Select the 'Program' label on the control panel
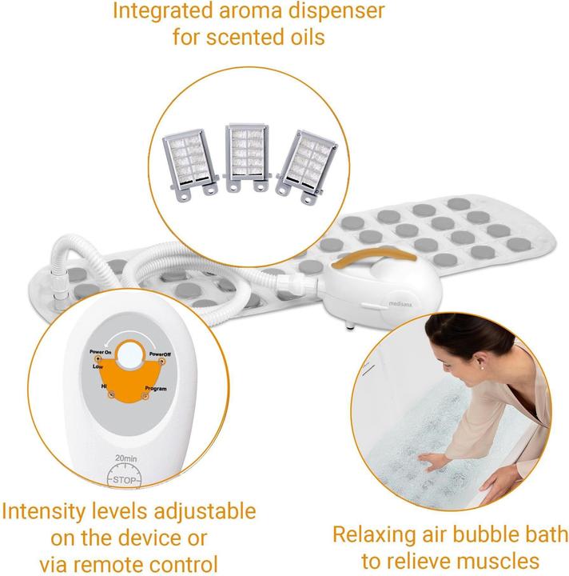click(x=157, y=389)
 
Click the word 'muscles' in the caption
click(x=499, y=561)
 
